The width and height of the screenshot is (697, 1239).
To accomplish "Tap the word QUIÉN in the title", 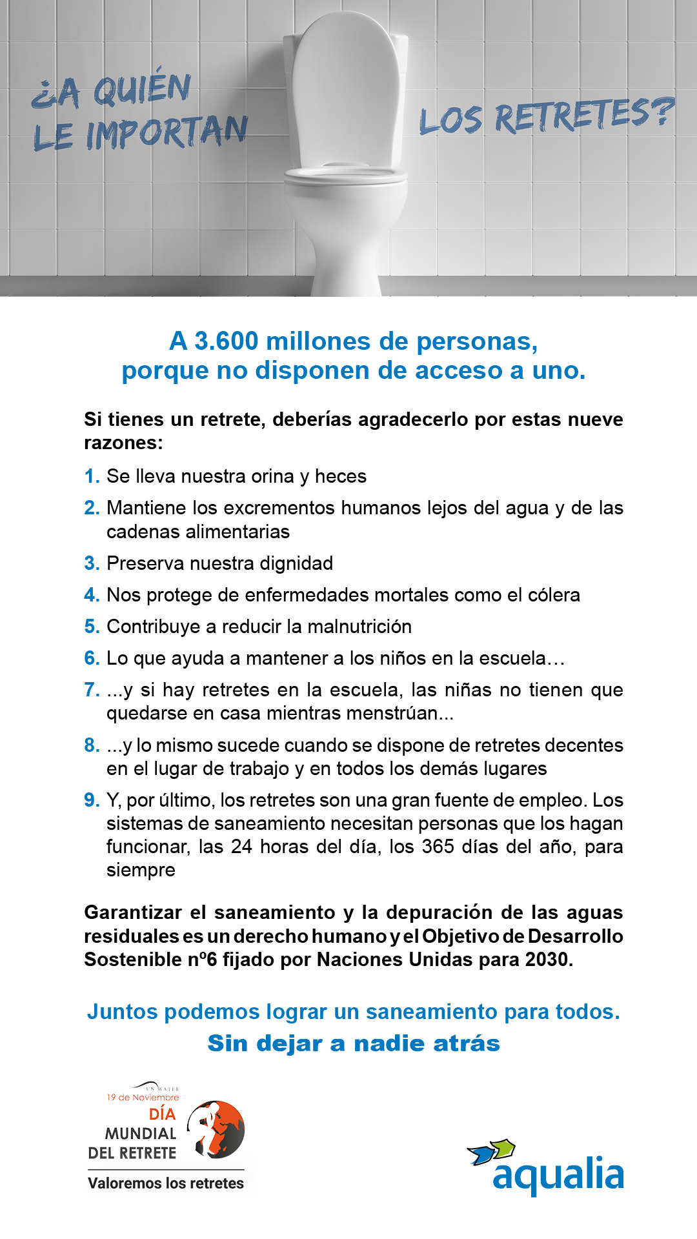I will [142, 89].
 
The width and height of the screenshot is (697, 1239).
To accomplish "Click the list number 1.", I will [92, 476].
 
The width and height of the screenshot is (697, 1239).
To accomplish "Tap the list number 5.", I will [92, 627].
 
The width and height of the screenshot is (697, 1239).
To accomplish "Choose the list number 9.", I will [92, 800].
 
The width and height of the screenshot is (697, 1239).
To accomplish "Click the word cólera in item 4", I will [554, 595].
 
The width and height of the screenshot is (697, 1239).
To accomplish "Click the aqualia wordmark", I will [558, 1176].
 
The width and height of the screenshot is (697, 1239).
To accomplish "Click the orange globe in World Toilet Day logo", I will [219, 1129].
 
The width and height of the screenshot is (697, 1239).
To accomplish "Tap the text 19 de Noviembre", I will [143, 1097].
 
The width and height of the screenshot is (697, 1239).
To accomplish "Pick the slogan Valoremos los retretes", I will [166, 1183].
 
